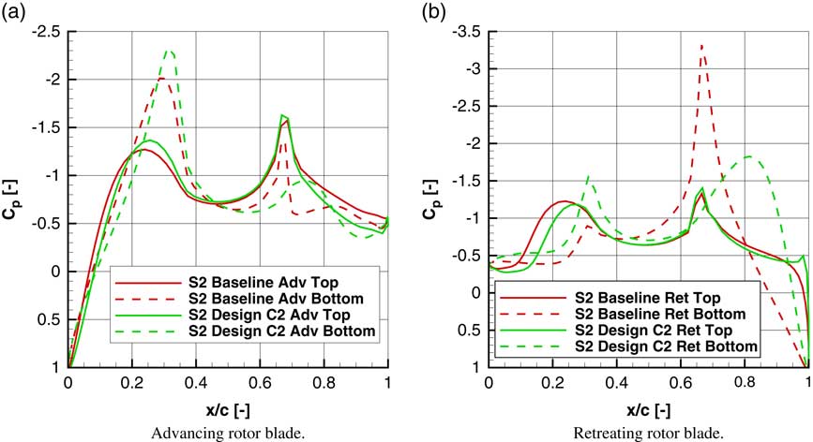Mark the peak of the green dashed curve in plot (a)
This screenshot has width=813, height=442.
[170, 52]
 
